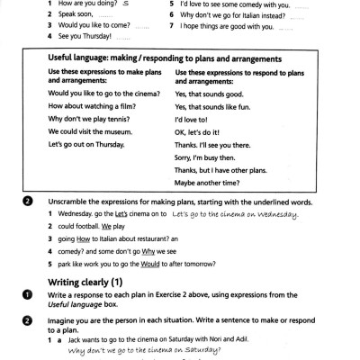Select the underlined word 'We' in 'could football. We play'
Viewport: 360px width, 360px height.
tap(94, 229)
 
